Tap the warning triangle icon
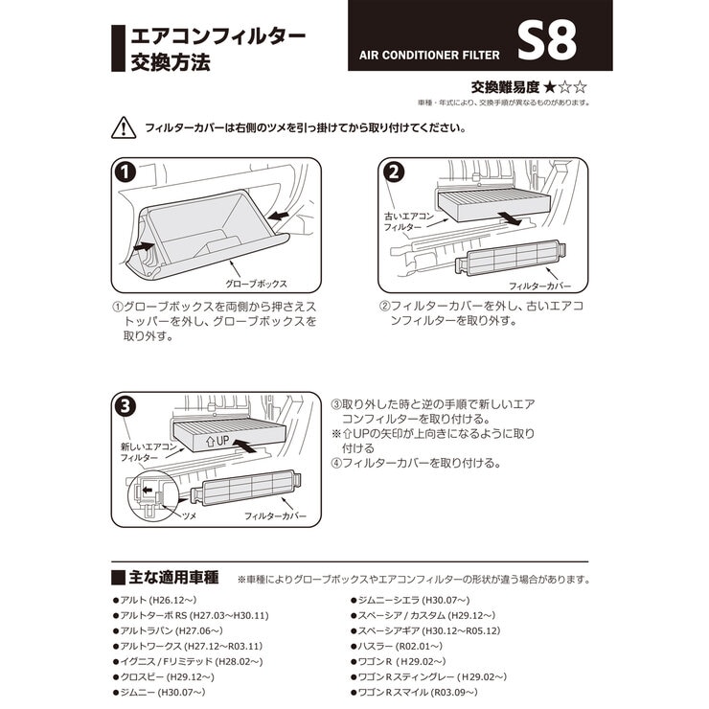pos(124,126)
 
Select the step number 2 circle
pos(392,172)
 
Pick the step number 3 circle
pos(124,405)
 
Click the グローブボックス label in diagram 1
pos(256,285)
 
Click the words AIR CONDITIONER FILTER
pos(424,54)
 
